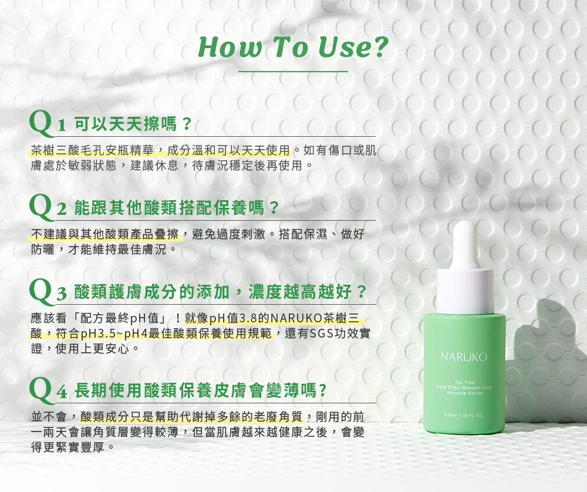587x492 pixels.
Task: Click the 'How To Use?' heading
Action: tap(293, 47)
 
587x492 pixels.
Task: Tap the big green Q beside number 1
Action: tap(42, 123)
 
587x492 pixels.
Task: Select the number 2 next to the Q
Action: tap(62, 209)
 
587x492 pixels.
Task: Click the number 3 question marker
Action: tap(62, 293)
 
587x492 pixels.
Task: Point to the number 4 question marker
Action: tap(62, 392)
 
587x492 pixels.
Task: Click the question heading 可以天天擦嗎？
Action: tap(133, 124)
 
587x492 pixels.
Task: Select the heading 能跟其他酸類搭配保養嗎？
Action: tap(177, 208)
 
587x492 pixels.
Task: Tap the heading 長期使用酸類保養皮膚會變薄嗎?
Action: tap(200, 390)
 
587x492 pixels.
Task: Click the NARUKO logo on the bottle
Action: tap(464, 357)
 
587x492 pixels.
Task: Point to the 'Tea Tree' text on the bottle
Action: tap(464, 382)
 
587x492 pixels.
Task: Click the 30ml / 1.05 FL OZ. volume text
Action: tap(464, 415)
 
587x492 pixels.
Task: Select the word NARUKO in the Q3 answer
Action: tap(296, 318)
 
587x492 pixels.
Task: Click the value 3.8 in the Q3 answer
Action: tap(248, 318)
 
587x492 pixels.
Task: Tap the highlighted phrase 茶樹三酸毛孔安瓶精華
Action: tap(93, 150)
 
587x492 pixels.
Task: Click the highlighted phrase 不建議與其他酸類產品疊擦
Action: tap(105, 234)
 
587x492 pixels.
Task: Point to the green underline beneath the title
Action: tap(293, 71)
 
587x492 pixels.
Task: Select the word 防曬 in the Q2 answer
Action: tap(43, 250)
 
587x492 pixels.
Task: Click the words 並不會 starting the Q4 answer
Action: tap(49, 416)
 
